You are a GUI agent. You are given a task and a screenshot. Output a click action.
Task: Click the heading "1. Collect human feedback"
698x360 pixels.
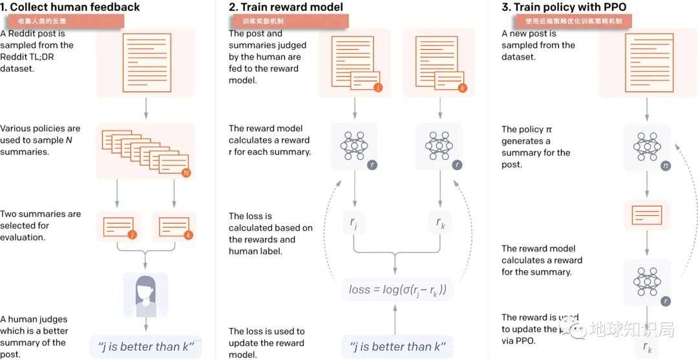[x=70, y=7]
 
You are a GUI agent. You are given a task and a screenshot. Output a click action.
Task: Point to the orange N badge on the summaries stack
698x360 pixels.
[x=186, y=173]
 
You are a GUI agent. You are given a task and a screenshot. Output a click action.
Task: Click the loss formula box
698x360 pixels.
[x=397, y=290]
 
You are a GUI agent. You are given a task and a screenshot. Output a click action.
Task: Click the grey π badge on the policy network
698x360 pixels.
[x=665, y=166]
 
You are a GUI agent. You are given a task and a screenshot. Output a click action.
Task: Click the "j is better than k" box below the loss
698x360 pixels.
[x=397, y=347]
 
